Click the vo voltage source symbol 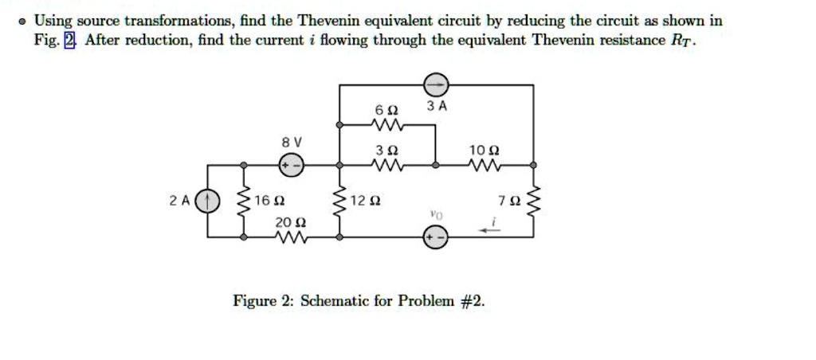(435, 237)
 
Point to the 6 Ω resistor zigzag (387, 125)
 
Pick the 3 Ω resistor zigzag (387, 166)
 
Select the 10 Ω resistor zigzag (484, 166)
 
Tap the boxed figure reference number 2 (70, 40)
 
